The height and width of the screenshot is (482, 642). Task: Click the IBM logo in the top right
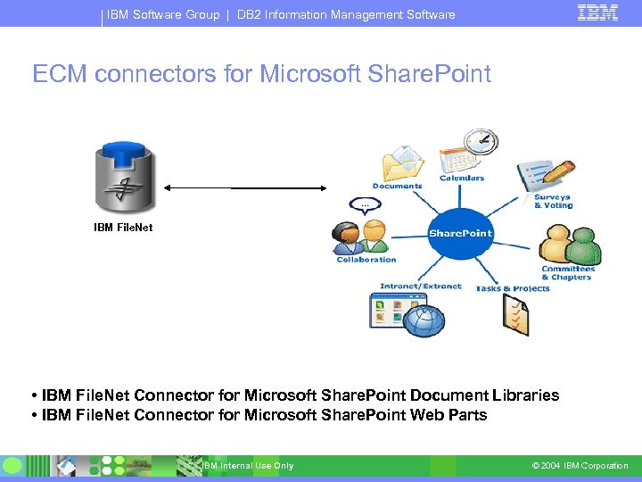(x=597, y=12)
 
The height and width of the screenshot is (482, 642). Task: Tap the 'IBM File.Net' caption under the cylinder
(x=123, y=228)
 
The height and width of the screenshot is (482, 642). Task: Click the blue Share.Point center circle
(x=460, y=234)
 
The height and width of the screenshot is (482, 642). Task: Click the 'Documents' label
(x=397, y=187)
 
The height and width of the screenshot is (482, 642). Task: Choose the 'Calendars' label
(x=462, y=179)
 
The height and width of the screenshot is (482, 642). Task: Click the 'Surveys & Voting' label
(x=553, y=202)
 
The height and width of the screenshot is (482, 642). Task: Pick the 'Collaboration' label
(x=366, y=260)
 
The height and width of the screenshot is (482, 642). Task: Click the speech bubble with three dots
(x=363, y=204)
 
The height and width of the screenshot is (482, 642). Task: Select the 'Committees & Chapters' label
(x=568, y=273)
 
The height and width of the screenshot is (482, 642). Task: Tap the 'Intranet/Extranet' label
(x=421, y=287)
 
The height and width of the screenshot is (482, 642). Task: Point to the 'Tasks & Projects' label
(x=513, y=288)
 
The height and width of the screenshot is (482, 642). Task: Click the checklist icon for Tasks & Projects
(x=515, y=315)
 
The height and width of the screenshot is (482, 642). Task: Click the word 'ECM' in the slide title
(x=60, y=74)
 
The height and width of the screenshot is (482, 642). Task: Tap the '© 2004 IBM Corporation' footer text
(x=580, y=466)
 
